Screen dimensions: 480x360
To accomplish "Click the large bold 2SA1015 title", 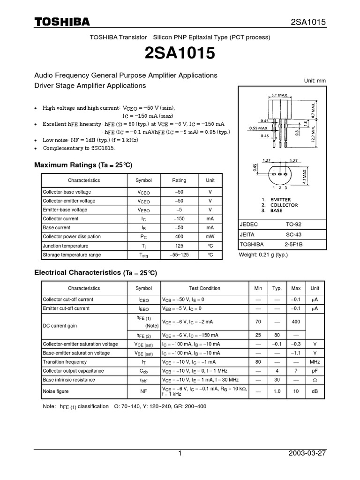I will (x=180, y=54).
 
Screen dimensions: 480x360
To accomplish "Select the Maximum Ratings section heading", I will (x=83, y=165).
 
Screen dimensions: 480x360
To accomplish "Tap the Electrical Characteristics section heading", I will (x=96, y=272).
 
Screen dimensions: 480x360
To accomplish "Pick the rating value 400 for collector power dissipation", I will (x=179, y=237).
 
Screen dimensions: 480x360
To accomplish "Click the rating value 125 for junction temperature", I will (x=179, y=246).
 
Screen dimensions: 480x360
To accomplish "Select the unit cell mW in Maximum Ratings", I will (x=210, y=237).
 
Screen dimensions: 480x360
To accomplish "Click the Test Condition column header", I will (x=204, y=288).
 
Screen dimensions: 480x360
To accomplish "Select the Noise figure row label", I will (x=56, y=391).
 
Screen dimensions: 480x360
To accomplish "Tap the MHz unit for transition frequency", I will (x=315, y=362).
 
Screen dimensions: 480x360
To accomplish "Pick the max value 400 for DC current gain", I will (x=296, y=322).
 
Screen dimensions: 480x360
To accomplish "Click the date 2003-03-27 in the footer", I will (x=307, y=454).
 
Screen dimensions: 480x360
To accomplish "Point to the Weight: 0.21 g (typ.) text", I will (x=263, y=255).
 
